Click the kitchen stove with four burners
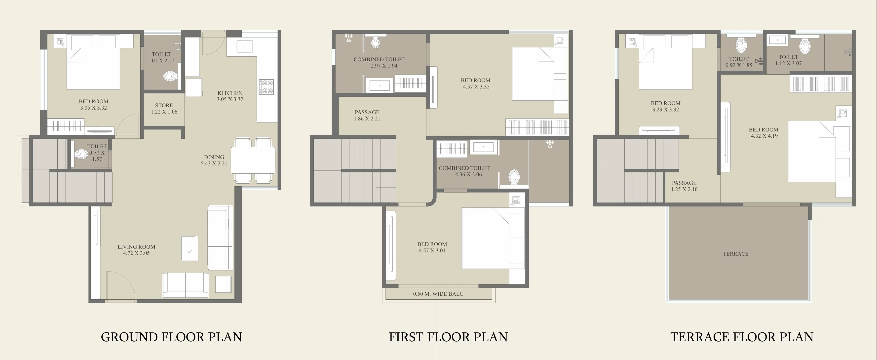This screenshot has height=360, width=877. click(x=266, y=87)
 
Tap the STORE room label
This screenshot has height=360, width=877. click(x=164, y=106)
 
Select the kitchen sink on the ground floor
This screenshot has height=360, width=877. click(x=244, y=46)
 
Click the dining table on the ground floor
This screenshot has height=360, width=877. click(x=253, y=160)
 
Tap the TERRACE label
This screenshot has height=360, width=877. click(x=736, y=254)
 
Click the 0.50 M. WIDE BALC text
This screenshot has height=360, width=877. click(x=438, y=294)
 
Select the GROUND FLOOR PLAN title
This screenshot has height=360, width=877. click(x=171, y=337)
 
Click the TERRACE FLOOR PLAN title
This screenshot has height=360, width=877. click(x=742, y=337)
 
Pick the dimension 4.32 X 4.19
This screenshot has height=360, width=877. click(x=764, y=136)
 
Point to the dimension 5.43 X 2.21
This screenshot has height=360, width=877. click(x=214, y=163)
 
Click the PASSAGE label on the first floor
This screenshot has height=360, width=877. click(x=367, y=112)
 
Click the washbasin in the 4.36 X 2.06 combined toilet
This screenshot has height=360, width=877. click(x=483, y=147)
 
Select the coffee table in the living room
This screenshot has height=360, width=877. click(x=189, y=248)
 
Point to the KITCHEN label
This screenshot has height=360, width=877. click(x=230, y=93)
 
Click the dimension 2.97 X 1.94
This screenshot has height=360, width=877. click(x=384, y=66)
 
